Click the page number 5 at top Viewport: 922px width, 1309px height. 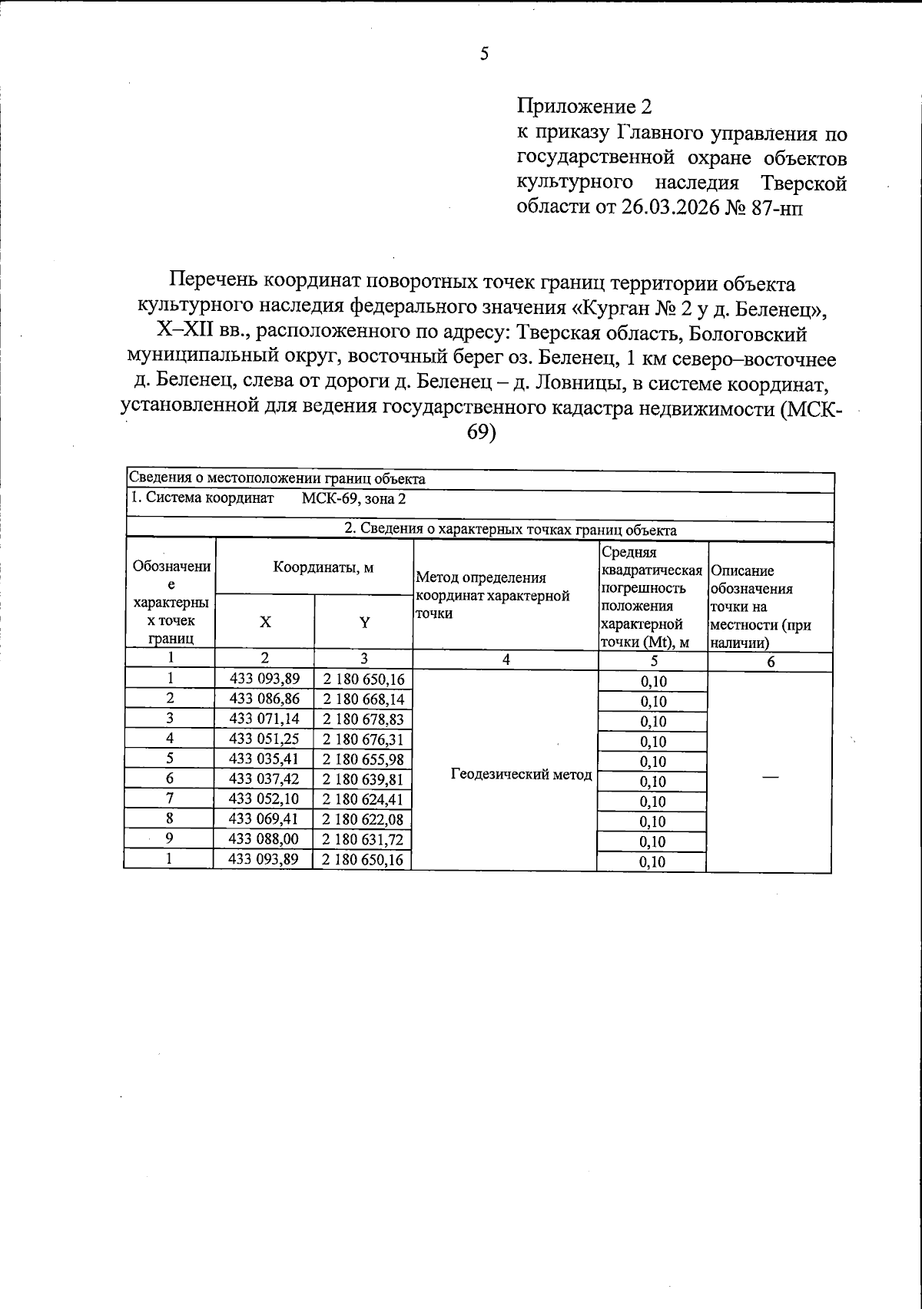(x=484, y=54)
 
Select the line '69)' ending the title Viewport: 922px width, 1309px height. (x=483, y=433)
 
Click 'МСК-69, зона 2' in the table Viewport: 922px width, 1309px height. (x=353, y=498)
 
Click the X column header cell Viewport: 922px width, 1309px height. (x=264, y=623)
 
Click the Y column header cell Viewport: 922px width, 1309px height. (x=364, y=623)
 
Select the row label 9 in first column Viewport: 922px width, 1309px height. (x=169, y=839)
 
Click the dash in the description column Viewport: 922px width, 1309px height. (x=770, y=778)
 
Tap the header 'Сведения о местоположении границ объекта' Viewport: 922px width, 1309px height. (x=277, y=479)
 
